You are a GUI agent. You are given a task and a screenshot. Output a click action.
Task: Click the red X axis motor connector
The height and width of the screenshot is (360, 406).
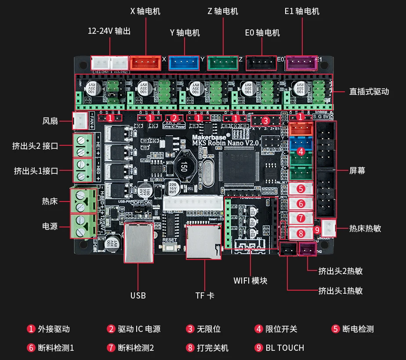point(145,64)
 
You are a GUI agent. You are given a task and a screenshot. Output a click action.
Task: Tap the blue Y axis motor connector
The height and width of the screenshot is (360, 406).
point(184,64)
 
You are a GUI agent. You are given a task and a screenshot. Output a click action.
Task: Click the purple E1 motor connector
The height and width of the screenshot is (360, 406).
point(301,63)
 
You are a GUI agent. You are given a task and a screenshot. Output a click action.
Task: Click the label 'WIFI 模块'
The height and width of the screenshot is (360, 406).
point(250,281)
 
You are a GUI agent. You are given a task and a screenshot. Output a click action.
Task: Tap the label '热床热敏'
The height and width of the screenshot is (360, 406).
point(365,228)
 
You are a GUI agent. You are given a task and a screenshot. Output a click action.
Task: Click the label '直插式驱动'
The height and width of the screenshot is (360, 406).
point(369,92)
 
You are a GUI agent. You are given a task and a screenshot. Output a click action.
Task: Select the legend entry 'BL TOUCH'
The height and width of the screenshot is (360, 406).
point(285,348)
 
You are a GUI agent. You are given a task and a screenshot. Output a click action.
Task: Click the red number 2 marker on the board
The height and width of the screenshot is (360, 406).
point(174,118)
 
